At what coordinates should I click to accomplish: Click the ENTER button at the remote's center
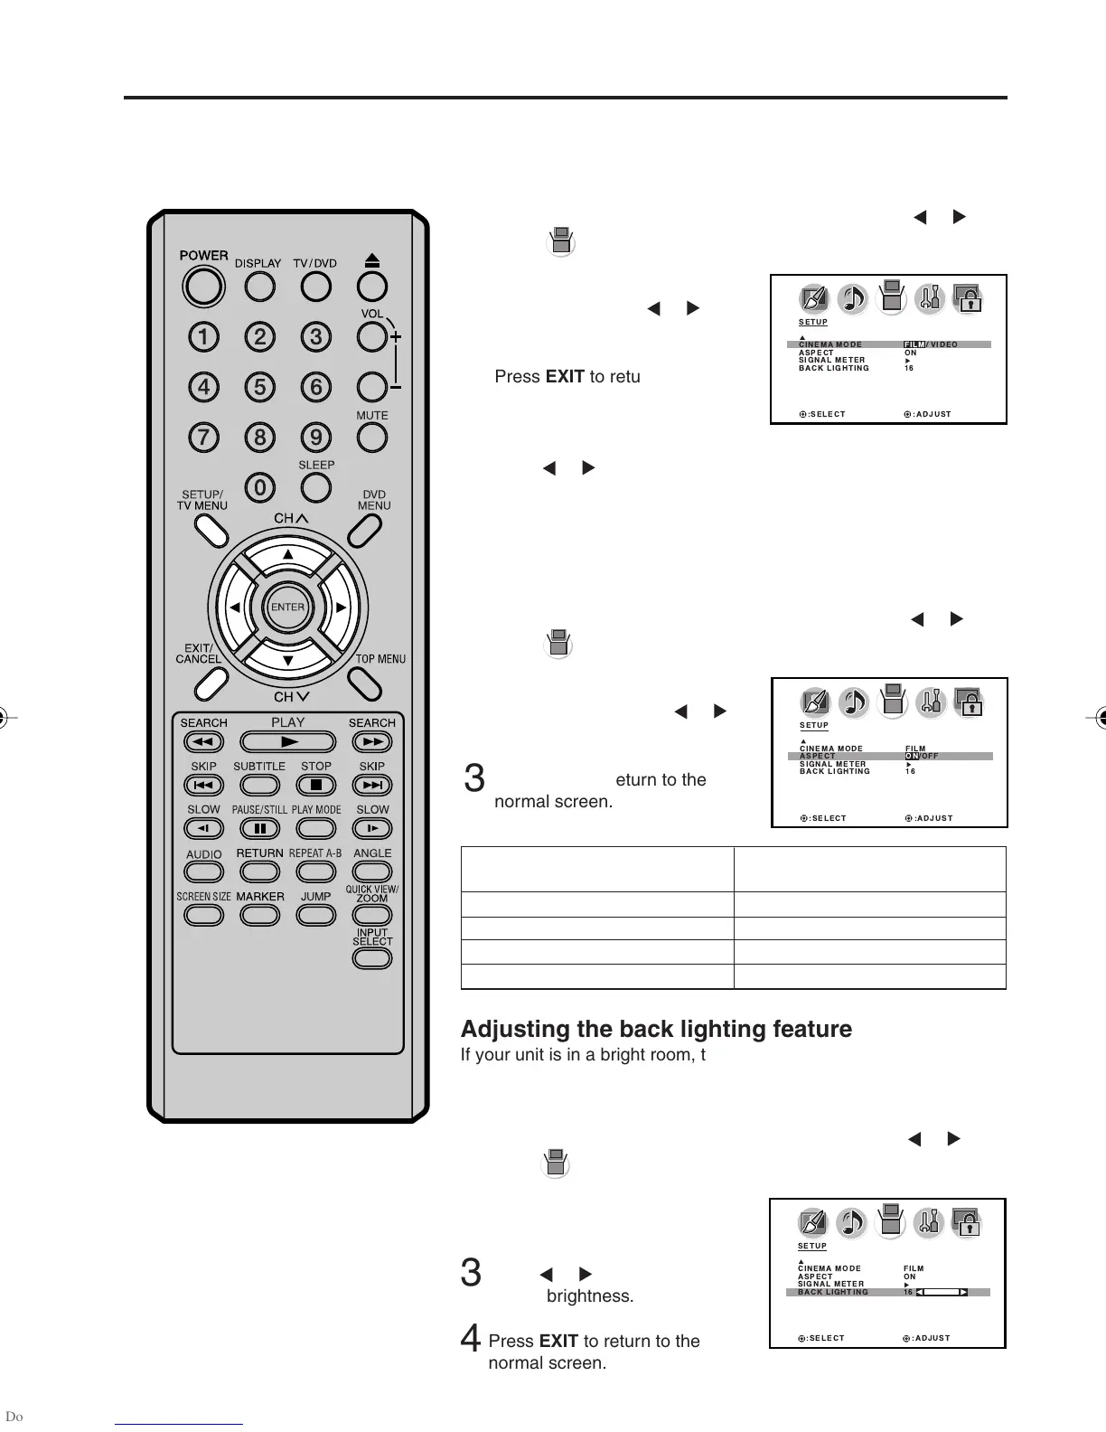[x=287, y=608]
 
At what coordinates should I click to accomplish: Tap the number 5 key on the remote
[x=259, y=387]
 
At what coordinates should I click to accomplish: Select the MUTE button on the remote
[x=371, y=438]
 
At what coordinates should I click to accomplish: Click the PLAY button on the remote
[x=287, y=742]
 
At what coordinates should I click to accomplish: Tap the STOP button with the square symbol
[x=316, y=785]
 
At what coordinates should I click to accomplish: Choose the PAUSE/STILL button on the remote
[x=259, y=828]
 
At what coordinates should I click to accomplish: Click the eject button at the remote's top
[x=371, y=286]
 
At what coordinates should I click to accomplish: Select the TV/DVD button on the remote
[x=315, y=286]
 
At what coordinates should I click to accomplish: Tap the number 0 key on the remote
[x=259, y=488]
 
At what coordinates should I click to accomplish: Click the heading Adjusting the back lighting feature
[x=656, y=1029]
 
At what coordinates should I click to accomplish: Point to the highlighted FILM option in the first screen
[x=914, y=344]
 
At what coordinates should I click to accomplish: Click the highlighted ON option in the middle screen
[x=912, y=756]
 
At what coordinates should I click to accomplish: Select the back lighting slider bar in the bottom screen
[x=942, y=1292]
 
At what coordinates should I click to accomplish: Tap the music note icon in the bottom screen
[x=851, y=1223]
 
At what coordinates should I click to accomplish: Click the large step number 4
[x=470, y=1339]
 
